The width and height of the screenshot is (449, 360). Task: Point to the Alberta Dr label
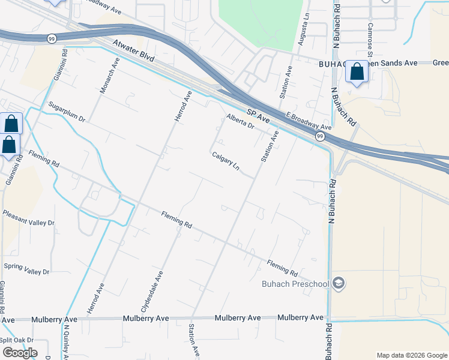240,122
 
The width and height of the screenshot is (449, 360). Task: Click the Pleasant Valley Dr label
28,217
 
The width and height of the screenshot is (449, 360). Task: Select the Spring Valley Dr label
26,268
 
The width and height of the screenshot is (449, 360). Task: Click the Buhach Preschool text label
295,284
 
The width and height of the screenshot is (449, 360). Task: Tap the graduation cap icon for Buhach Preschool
339,283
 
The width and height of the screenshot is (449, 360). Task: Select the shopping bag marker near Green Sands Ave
357,72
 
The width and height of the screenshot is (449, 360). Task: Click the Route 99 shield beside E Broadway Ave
319,137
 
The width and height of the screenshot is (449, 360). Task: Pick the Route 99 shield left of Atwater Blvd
53,38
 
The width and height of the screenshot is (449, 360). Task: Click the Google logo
20,353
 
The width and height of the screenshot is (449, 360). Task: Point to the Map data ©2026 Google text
411,355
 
